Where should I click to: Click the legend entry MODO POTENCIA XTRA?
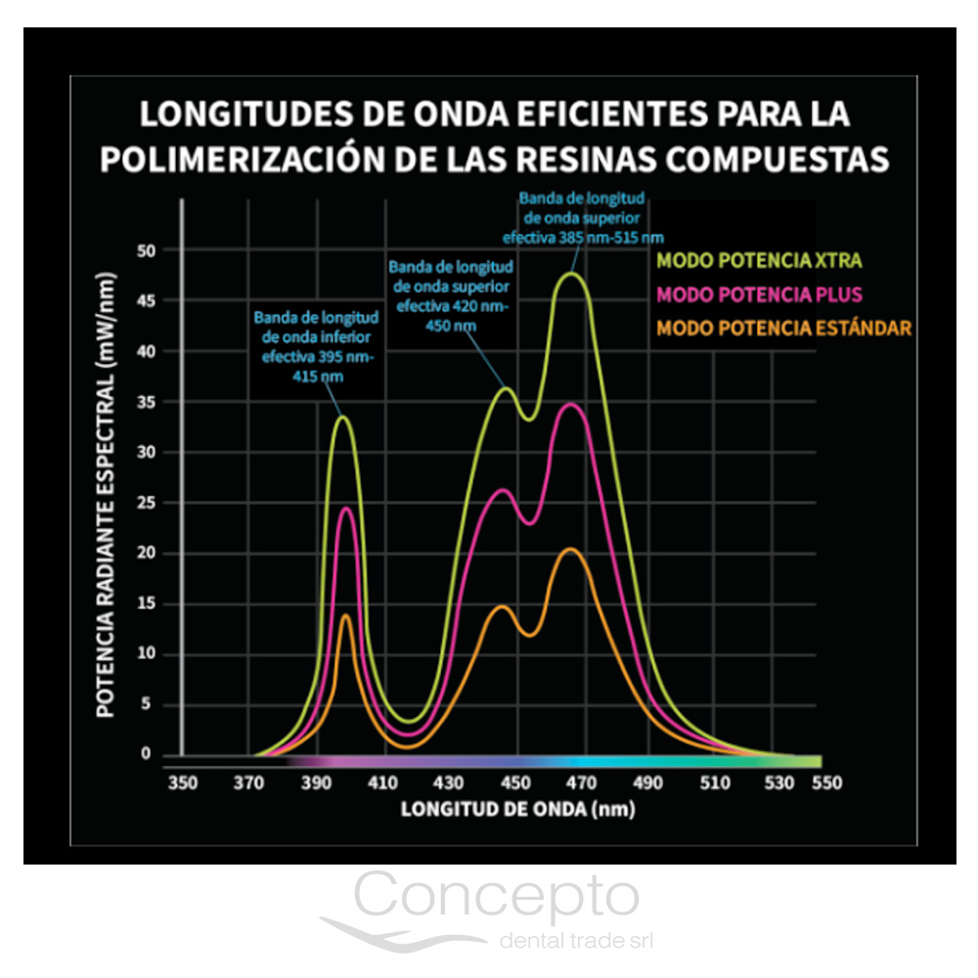(x=759, y=260)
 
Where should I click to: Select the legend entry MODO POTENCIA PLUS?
(x=759, y=293)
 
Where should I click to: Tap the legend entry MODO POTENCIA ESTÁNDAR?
(x=783, y=328)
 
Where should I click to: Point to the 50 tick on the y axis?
(x=146, y=250)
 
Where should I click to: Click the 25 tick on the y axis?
(x=146, y=503)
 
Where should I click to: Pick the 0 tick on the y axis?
(x=146, y=754)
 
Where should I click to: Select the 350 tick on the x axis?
(x=183, y=782)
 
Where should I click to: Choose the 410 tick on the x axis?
(x=382, y=782)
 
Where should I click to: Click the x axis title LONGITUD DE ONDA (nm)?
(x=517, y=810)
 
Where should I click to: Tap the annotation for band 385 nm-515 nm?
(x=583, y=215)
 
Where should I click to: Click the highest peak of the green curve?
(x=572, y=273)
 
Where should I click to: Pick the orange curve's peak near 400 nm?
(x=346, y=615)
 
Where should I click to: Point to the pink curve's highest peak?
(x=572, y=404)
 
